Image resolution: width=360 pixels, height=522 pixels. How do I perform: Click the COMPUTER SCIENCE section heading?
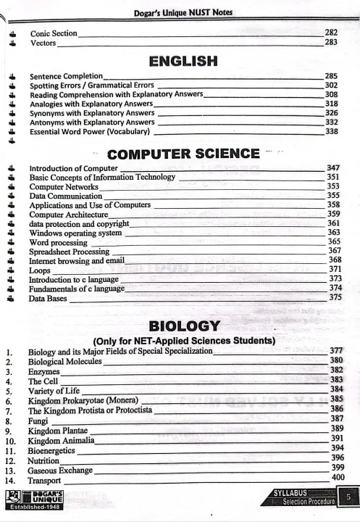click(183, 154)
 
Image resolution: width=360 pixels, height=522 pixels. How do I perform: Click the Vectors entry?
click(43, 43)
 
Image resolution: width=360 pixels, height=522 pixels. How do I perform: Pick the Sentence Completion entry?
click(66, 75)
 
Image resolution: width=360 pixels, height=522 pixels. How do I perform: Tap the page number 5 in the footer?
click(349, 498)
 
